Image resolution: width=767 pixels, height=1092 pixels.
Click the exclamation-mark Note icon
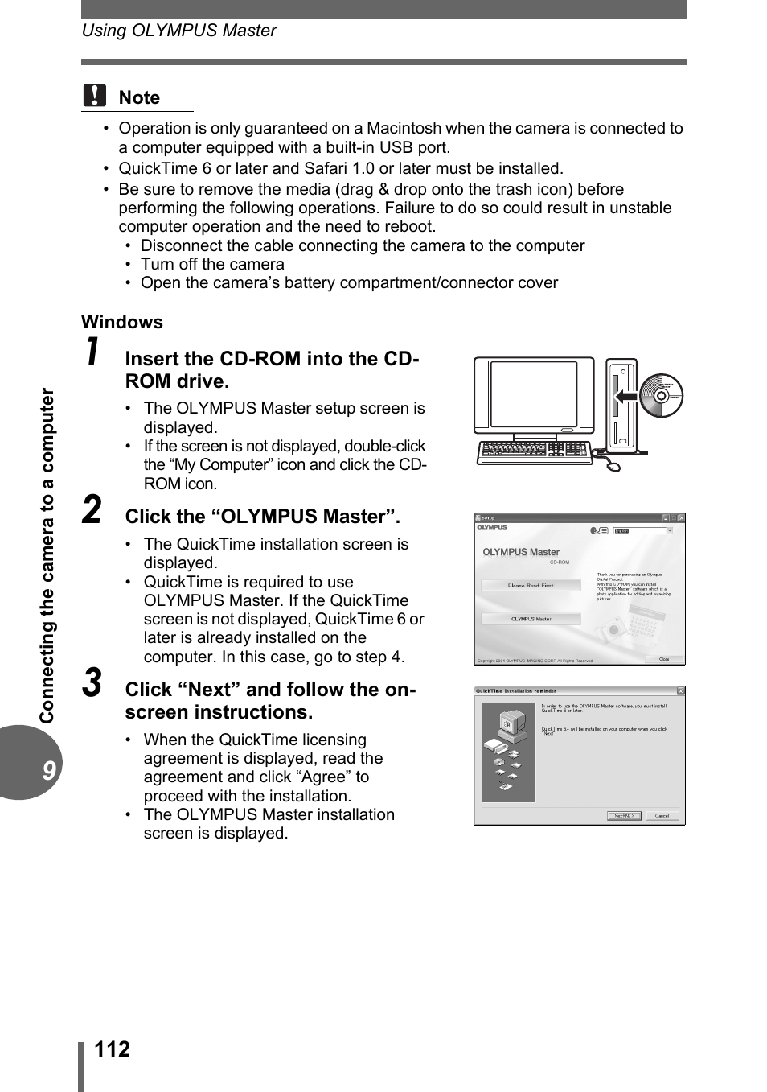tap(94, 96)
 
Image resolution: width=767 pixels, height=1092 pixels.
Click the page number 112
tap(112, 1049)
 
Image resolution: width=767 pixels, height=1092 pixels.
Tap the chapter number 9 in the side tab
tap(49, 770)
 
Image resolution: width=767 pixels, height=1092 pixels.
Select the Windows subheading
tap(122, 322)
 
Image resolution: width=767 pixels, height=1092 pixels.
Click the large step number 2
tap(93, 510)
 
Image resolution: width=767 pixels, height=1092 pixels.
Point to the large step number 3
tap(93, 683)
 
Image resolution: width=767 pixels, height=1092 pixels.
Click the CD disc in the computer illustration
tap(661, 395)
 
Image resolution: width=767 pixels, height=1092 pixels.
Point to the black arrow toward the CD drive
tap(625, 395)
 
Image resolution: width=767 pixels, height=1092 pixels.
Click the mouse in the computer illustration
tap(612, 465)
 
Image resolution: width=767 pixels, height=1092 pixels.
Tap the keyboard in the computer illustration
tap(533, 451)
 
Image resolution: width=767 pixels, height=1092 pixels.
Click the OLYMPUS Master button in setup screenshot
tap(531, 619)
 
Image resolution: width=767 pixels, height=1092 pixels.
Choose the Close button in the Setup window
tap(664, 659)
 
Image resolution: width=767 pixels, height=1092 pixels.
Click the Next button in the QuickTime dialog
tap(623, 815)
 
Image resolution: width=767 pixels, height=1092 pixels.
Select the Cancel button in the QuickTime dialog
tap(662, 815)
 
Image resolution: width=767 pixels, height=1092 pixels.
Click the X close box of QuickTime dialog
tap(680, 690)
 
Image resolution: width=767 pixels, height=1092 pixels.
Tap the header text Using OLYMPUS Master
tap(178, 31)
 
